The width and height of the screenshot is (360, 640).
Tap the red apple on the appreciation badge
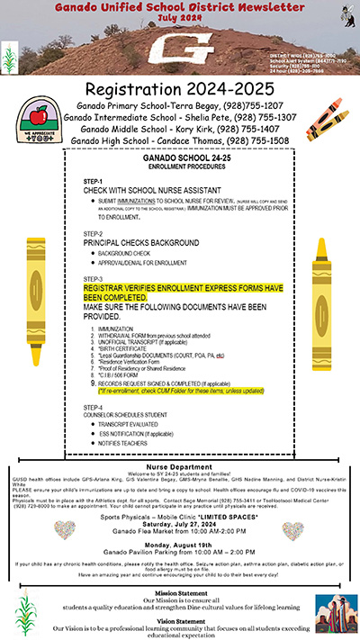[x=39, y=114]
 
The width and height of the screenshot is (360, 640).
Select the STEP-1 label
[x=93, y=181]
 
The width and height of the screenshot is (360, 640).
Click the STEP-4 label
[x=93, y=407]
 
